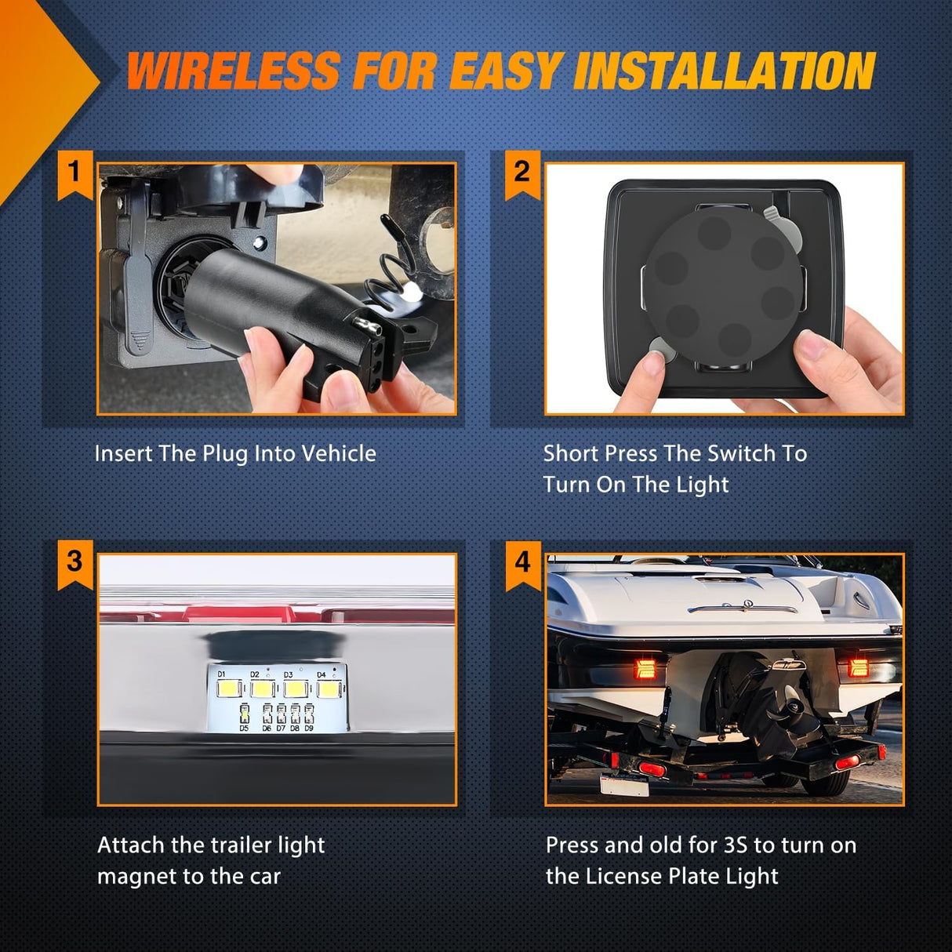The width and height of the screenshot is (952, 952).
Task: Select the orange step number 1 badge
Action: pos(75,176)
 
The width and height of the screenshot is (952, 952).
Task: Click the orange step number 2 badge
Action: pos(522,176)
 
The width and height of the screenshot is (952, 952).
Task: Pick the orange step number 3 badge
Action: pos(75,565)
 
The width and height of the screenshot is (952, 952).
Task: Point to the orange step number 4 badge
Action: pos(523,565)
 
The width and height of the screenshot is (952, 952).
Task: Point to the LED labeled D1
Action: pos(229,688)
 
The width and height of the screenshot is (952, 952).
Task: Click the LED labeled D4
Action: pos(328,689)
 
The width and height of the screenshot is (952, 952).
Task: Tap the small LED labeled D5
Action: pos(244,713)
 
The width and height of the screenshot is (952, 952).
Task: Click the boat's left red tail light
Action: pos(645,668)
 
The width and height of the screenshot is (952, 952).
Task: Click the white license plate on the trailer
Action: pos(624,784)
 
